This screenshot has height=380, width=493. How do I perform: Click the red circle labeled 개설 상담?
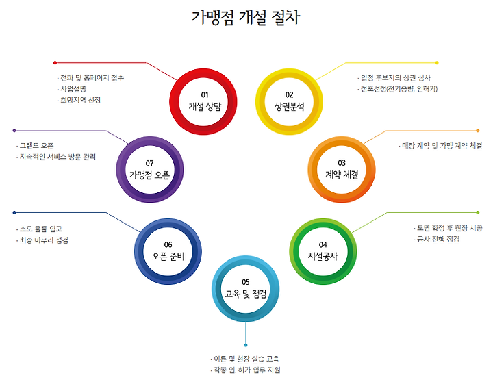tap(203, 101)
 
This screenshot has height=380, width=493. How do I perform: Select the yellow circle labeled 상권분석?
tap(289, 101)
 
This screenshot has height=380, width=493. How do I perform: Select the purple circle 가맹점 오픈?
tap(149, 168)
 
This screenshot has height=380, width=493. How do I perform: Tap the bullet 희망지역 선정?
tap(80, 100)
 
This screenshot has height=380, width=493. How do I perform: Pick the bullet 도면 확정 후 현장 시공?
tap(449, 228)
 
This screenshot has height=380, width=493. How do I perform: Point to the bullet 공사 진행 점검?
tap(438, 239)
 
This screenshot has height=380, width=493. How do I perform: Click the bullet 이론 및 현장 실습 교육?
tap(247, 358)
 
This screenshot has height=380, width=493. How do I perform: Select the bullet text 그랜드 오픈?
tap(37, 146)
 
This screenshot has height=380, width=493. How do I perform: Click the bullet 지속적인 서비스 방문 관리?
tap(58, 157)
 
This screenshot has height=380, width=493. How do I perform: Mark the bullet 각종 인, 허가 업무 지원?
tap(247, 370)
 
